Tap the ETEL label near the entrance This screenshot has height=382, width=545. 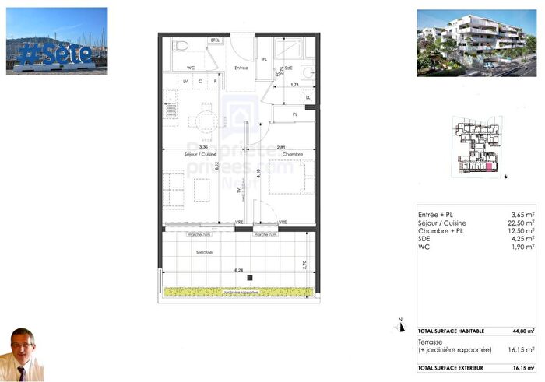click(x=215, y=40)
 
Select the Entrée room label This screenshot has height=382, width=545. click(x=241, y=68)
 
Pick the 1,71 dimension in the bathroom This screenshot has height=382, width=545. click(x=295, y=84)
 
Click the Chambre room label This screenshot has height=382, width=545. click(x=292, y=154)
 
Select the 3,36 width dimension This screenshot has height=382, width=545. click(x=203, y=146)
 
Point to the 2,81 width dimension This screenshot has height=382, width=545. click(x=283, y=146)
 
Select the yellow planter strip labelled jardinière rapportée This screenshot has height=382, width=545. click(x=239, y=292)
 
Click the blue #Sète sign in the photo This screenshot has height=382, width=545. click(x=54, y=53)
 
